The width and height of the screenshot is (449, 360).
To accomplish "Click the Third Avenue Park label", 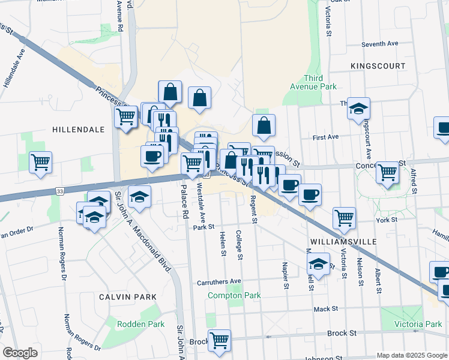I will pos(320,82).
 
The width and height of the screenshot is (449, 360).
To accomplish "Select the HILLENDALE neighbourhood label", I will pos(78,130).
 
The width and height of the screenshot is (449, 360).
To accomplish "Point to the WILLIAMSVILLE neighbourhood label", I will pos(343,241).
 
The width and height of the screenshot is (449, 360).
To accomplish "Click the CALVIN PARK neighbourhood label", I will pos(129,297).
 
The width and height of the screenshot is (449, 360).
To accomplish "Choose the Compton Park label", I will pos(234,295).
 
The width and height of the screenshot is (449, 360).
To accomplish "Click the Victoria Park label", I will pos(417,324).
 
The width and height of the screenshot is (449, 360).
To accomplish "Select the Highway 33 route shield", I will pos(59,191).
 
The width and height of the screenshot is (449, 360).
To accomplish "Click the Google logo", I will pos(19,353).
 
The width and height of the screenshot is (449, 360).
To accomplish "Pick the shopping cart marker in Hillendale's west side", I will pos(40,161).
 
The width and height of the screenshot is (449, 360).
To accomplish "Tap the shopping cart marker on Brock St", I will pos(219,340).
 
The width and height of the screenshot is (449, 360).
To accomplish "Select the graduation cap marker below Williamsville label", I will pos(318,263).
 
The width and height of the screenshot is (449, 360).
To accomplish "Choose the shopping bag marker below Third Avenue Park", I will pos(264,125).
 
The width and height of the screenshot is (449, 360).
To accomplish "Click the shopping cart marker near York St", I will pos(344,218).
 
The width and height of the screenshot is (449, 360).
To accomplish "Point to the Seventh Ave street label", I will pos(380,44).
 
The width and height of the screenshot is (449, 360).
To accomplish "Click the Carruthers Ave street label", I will pos(219,281).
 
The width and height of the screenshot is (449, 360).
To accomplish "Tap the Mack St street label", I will pos(327,309).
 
